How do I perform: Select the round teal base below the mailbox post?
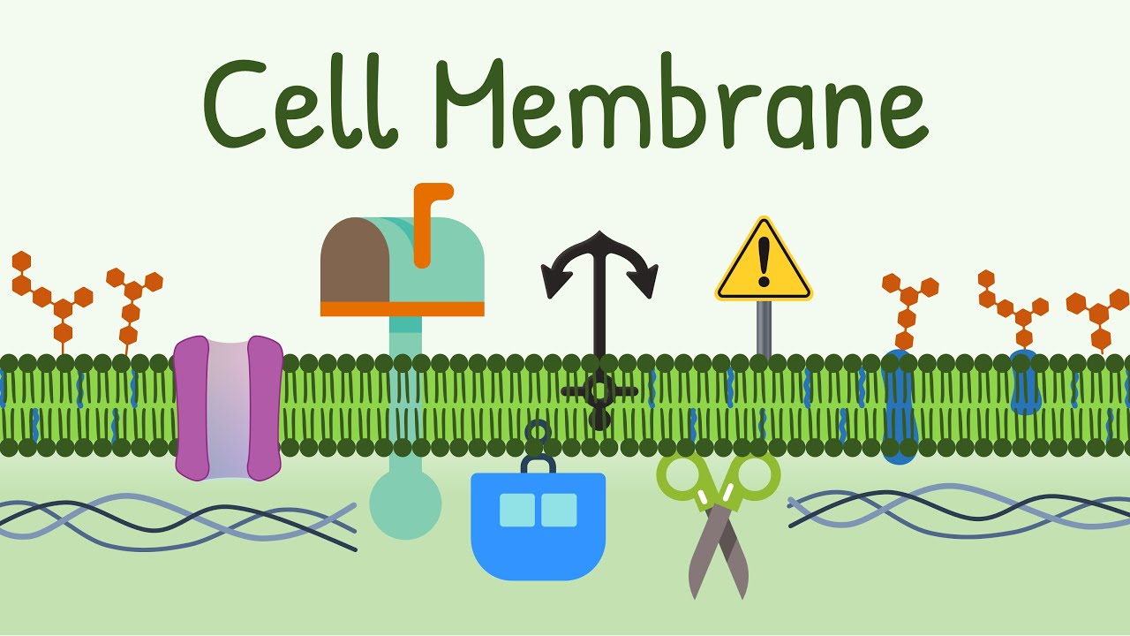click(x=404, y=503)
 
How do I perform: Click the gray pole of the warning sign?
click(x=765, y=328)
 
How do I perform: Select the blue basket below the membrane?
click(x=538, y=530)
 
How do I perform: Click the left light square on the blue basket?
click(x=516, y=510)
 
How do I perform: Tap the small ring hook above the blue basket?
click(x=537, y=432)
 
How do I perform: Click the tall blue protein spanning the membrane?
click(x=899, y=406)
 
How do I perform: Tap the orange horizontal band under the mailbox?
click(x=402, y=308)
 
